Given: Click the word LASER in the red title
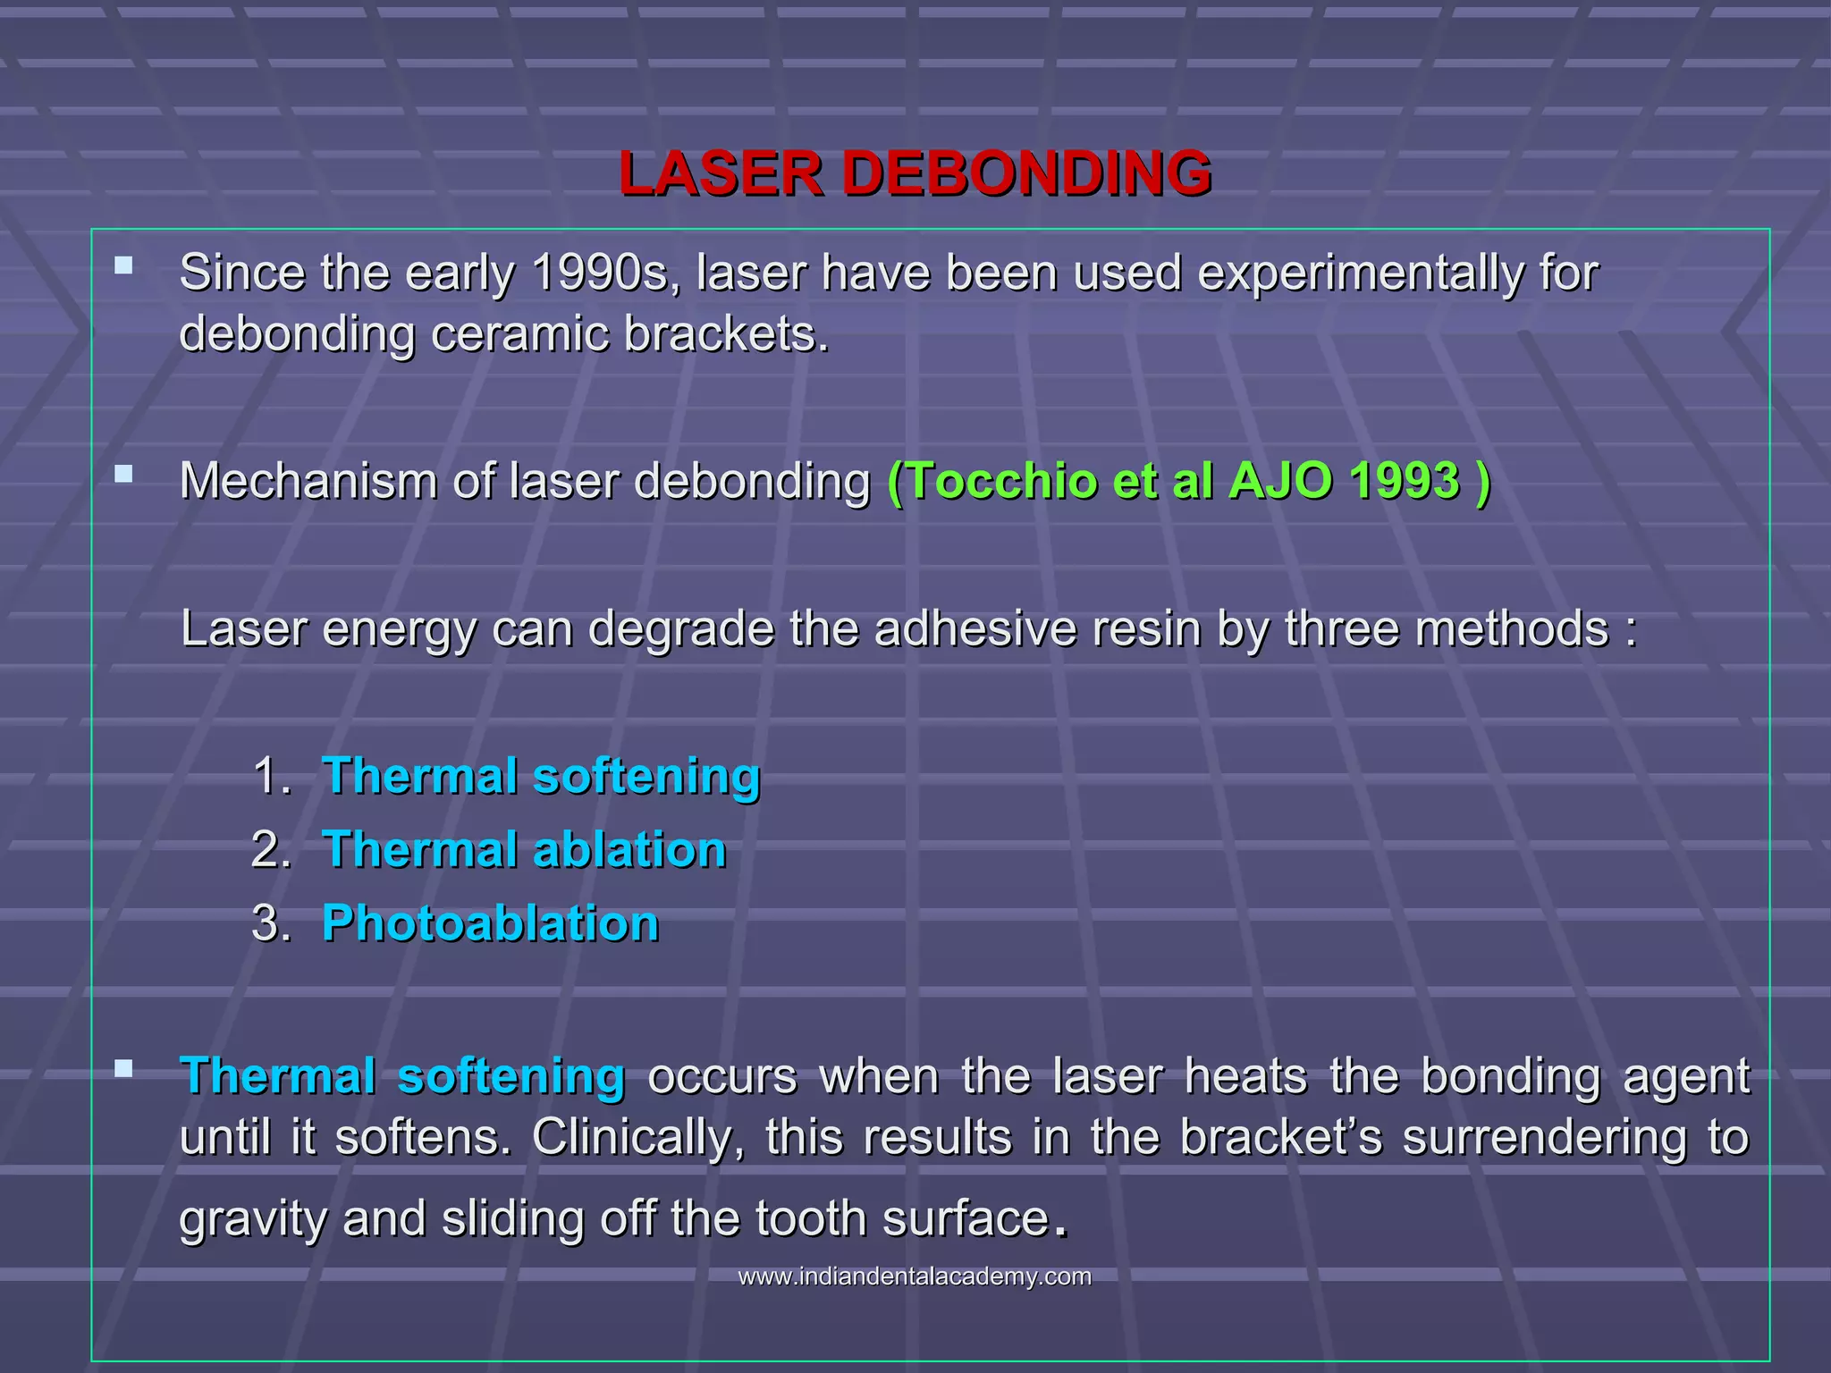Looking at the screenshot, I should coord(721,173).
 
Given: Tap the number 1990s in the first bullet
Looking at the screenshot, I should coord(600,273).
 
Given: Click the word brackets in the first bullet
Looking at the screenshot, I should coord(725,334).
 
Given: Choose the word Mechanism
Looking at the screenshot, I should coord(308,481).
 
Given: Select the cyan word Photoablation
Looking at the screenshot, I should coord(490,923).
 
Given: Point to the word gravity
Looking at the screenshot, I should coord(253,1219).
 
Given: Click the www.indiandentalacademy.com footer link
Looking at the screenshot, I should coord(915,1276).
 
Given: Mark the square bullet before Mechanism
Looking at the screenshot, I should coord(124,474).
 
